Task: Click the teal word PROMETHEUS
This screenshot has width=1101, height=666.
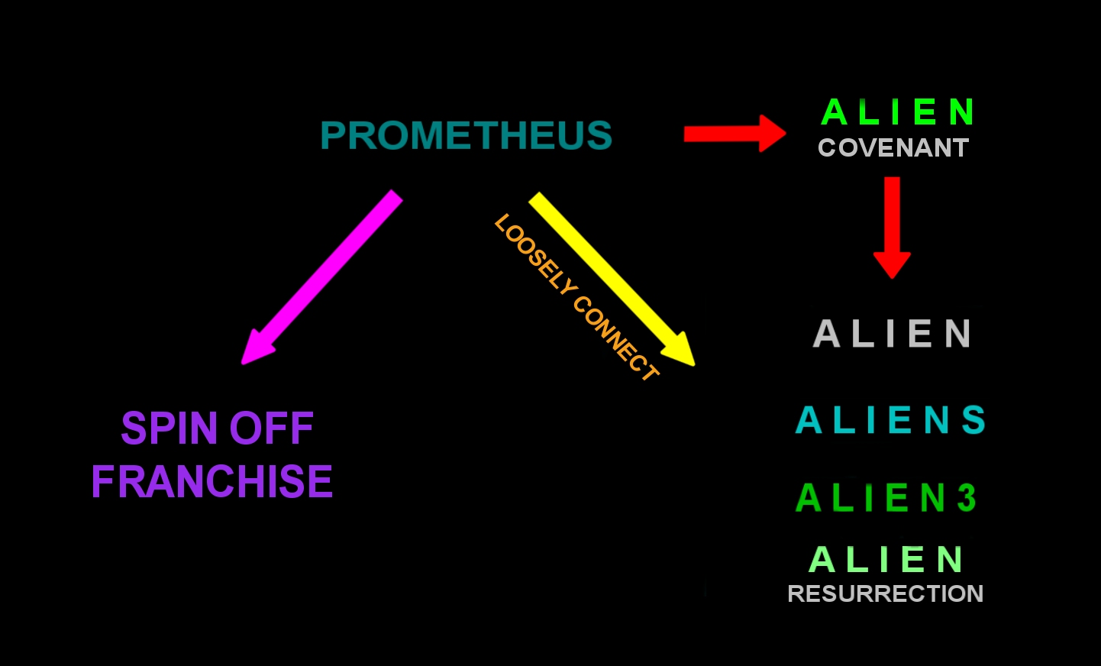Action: (466, 136)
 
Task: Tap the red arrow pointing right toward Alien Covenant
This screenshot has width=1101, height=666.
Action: (733, 134)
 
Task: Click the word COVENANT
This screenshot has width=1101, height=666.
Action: (893, 148)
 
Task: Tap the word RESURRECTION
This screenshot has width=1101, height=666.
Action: (885, 593)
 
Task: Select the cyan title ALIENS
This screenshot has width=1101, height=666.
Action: (890, 420)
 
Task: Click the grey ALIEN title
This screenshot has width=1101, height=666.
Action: (892, 334)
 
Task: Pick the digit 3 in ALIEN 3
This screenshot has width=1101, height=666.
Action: (967, 498)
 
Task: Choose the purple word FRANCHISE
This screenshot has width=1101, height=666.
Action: (211, 482)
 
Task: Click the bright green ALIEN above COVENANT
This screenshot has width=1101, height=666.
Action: (898, 112)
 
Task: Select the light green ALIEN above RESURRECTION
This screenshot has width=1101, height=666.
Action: (886, 560)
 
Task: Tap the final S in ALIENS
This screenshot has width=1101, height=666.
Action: (973, 420)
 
